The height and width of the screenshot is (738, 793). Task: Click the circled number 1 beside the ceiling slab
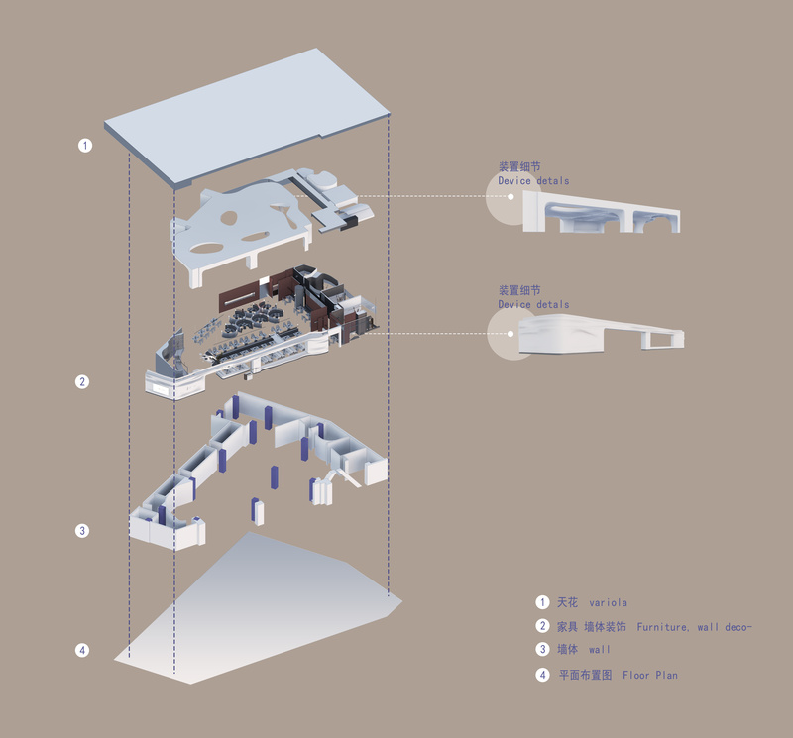tap(85, 145)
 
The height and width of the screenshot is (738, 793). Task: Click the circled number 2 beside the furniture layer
tap(83, 381)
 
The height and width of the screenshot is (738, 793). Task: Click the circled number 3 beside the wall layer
tap(83, 530)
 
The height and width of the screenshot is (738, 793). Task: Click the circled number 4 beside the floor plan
tap(83, 651)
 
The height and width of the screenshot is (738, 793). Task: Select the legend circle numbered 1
tap(542, 602)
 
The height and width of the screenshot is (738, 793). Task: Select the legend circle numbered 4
tap(542, 675)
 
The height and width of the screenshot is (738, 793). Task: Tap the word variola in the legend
tap(608, 602)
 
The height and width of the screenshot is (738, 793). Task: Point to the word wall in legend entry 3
tap(600, 650)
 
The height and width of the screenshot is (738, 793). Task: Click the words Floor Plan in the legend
tap(650, 675)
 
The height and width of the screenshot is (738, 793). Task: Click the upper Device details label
tap(533, 181)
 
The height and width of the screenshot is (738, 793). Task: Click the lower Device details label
tap(533, 304)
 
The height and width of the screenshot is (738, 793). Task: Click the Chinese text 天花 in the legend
tap(568, 602)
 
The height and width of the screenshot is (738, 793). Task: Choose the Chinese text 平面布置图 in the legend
tap(585, 675)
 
